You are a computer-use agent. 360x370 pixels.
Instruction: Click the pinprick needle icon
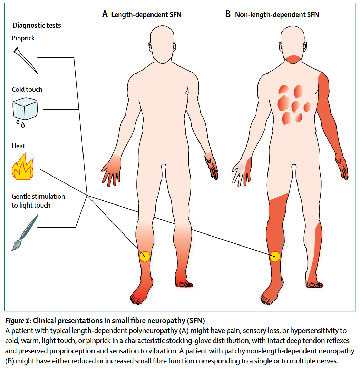click(x=25, y=61)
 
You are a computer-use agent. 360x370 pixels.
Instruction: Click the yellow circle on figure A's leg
click(x=145, y=257)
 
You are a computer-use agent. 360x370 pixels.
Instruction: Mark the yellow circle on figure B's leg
click(x=275, y=257)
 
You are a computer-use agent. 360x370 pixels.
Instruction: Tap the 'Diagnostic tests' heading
click(x=37, y=25)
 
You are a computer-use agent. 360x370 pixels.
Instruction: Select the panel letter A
click(x=105, y=14)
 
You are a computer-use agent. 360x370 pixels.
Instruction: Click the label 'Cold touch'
click(x=27, y=89)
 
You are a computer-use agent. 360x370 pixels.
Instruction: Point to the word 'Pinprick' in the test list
click(x=23, y=38)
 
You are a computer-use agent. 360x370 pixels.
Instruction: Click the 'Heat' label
click(x=19, y=146)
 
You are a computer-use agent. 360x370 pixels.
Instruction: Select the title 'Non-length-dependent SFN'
click(x=277, y=14)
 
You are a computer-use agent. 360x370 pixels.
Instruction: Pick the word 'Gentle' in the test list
click(x=21, y=196)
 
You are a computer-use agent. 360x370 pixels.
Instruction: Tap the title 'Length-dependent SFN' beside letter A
click(x=146, y=14)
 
